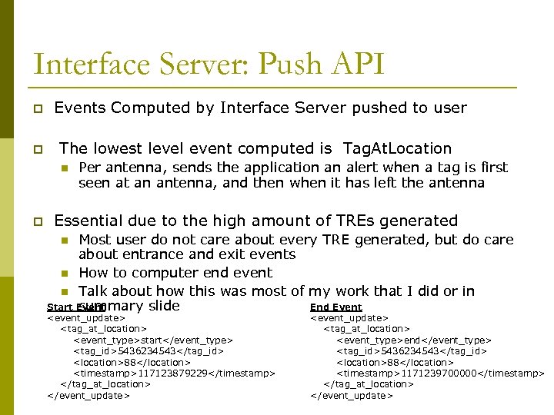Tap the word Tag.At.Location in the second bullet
click(x=397, y=148)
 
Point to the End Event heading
click(x=335, y=307)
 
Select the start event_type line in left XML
click(x=152, y=340)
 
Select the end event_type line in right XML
click(x=414, y=340)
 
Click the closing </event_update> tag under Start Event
click(x=88, y=396)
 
